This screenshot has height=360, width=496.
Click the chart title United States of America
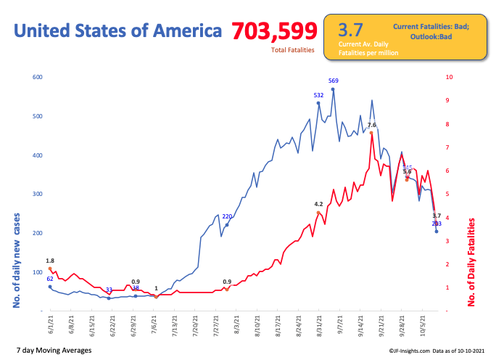point(118,30)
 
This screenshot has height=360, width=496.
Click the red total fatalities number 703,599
point(275,30)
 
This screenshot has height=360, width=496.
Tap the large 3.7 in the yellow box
point(350,30)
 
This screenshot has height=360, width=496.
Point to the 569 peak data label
point(333,81)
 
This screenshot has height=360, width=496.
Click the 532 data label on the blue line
point(318,95)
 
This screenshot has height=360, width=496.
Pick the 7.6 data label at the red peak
point(371,125)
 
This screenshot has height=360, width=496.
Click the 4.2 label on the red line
point(318,204)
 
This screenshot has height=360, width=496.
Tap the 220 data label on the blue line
point(227,216)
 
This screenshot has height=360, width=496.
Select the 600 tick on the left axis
point(36,77)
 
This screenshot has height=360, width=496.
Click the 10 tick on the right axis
point(449,77)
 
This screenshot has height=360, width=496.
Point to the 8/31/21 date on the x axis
point(319,325)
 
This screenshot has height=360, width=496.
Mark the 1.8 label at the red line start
point(50,261)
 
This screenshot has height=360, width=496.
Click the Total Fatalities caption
point(293,50)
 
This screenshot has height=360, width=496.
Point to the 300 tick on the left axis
point(36,195)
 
